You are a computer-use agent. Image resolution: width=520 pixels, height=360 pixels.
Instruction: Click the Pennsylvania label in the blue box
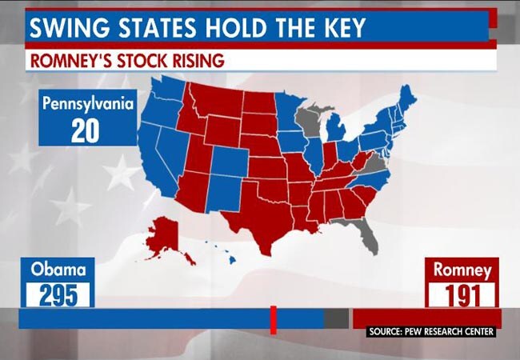click(x=85, y=103)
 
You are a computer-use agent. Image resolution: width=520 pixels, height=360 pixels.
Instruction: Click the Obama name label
click(x=58, y=270)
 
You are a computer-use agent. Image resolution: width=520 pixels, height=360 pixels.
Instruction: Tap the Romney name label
click(x=462, y=270)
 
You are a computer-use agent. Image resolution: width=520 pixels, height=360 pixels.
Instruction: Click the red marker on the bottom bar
click(x=273, y=318)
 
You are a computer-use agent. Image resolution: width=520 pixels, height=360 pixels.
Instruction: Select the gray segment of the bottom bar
click(x=336, y=318)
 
